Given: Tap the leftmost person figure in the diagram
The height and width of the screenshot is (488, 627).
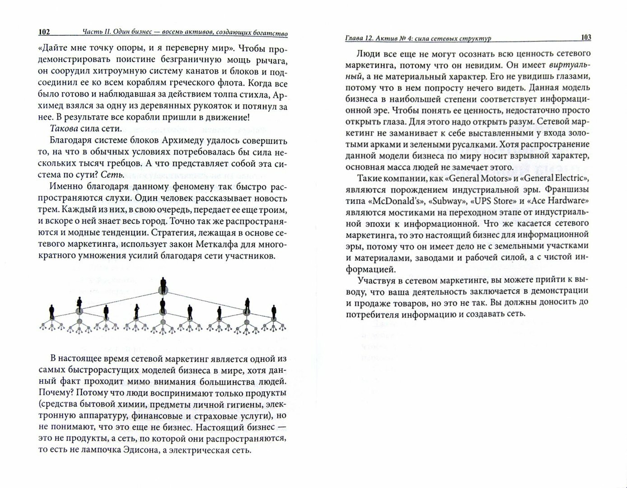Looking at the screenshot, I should [x=52, y=311].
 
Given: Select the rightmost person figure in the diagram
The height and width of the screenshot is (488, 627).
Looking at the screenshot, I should [x=274, y=311].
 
